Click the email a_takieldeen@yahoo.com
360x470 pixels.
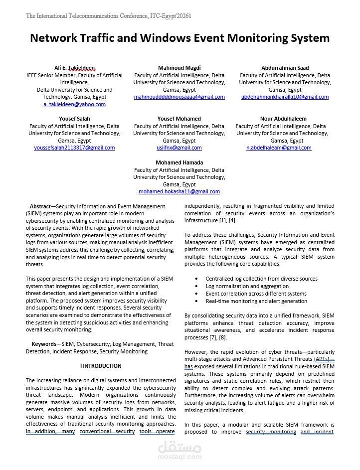point(74,104)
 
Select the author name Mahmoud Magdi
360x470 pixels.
point(179,68)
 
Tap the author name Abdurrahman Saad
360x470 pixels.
point(285,68)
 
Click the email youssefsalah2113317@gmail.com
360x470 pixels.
point(74,148)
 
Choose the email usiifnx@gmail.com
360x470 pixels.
point(179,148)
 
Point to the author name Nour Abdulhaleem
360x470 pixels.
point(283,119)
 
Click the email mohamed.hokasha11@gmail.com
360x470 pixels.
point(179,191)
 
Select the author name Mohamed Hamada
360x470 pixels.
point(179,162)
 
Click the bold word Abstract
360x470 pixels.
point(40,206)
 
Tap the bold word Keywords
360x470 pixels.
point(44,344)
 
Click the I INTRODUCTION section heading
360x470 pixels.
point(101,366)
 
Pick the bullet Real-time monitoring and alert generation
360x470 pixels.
point(256,301)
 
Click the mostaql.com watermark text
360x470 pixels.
point(179,456)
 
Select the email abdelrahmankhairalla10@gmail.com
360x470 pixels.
point(285,97)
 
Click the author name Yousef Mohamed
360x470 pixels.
point(179,119)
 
